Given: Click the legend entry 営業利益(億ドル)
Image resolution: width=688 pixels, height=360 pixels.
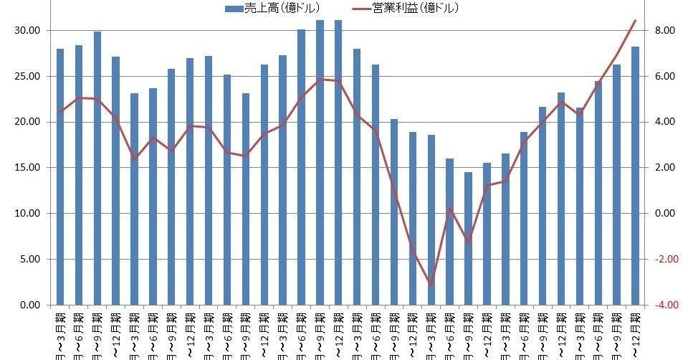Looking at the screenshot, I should tap(415, 8).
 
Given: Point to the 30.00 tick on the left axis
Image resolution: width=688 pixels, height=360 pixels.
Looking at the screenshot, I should tap(28, 30).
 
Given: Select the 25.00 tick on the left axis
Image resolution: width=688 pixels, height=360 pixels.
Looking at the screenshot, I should tap(28, 76).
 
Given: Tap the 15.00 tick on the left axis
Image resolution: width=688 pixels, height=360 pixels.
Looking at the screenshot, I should tap(28, 168).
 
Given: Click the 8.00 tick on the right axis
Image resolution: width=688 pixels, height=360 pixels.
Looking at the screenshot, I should tap(664, 30).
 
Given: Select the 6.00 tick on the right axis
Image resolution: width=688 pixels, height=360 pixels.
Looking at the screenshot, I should tap(664, 76).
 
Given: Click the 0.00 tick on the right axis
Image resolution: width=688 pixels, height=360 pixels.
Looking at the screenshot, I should tap(664, 214).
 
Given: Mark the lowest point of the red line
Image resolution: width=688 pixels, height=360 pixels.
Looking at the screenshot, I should tap(431, 284).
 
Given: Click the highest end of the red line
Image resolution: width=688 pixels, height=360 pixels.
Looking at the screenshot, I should tap(635, 21).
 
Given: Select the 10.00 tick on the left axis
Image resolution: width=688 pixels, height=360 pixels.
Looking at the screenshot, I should tap(28, 214).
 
